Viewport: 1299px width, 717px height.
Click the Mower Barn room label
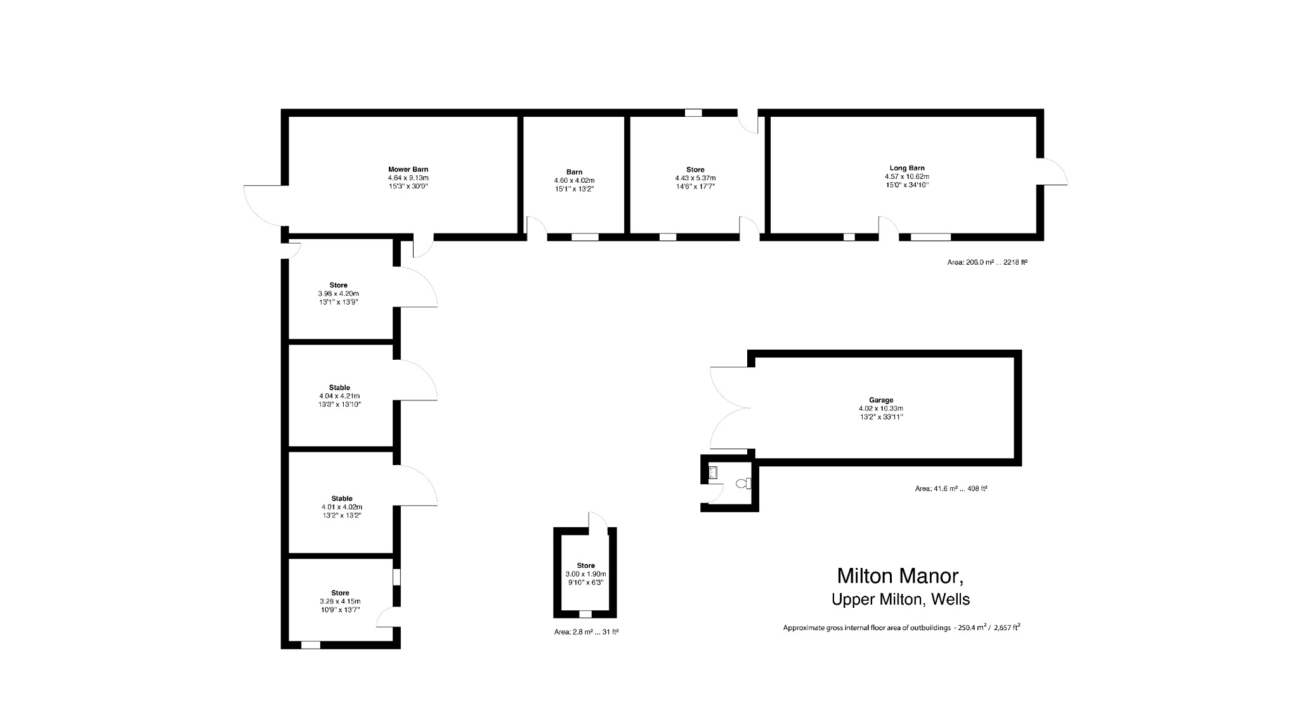pos(408,169)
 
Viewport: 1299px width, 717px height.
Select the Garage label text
pos(880,400)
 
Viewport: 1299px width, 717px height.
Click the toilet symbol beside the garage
pos(743,483)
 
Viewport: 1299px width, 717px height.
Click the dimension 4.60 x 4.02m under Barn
pos(574,181)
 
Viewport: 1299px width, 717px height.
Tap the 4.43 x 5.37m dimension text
pos(695,178)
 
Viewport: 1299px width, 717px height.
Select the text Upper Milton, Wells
pos(900,599)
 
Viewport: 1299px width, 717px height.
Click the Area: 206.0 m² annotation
pos(987,262)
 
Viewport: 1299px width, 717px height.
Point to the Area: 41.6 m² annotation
pos(951,489)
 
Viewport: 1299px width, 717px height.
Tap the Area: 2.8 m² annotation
pos(586,632)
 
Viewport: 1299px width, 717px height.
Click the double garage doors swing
pos(729,408)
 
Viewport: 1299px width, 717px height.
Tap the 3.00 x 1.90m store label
pos(585,574)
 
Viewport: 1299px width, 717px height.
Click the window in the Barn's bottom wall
pos(584,237)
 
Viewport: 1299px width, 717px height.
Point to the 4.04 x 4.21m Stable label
pos(339,396)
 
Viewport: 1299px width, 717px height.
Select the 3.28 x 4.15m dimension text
pos(340,602)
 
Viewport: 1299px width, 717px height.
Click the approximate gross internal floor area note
pos(901,628)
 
